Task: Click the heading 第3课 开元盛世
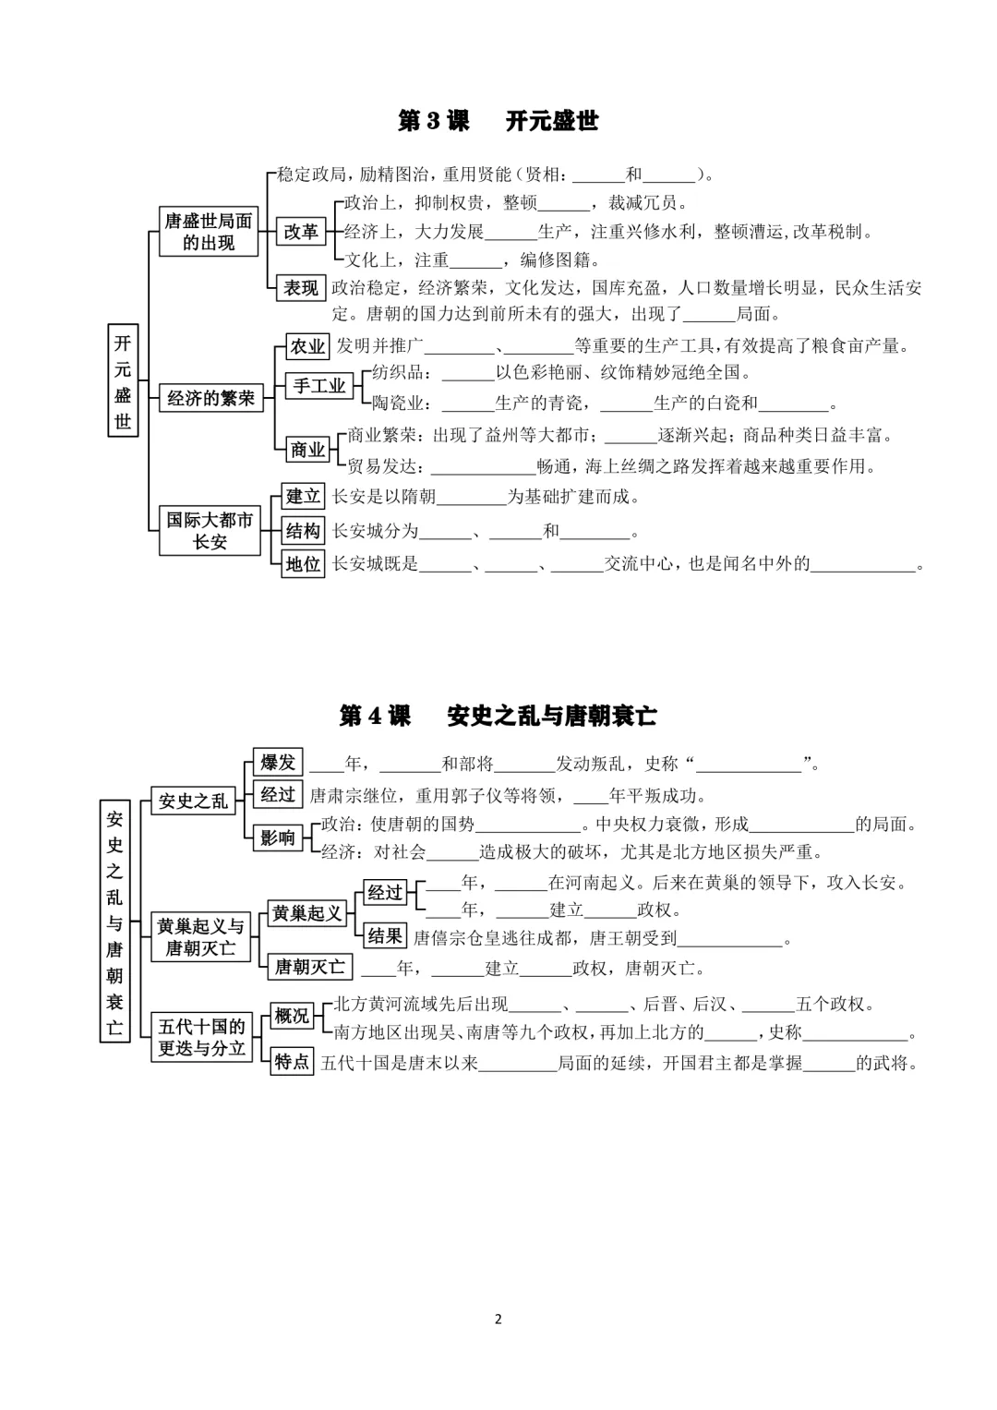(x=498, y=121)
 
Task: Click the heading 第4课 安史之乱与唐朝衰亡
(x=498, y=716)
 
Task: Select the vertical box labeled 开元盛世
(x=123, y=380)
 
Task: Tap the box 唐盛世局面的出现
(x=208, y=231)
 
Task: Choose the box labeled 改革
(x=301, y=232)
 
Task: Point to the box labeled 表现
(x=301, y=288)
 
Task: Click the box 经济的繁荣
(x=210, y=398)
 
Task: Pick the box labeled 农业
(x=307, y=346)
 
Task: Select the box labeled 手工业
(x=319, y=386)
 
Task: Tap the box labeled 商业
(x=307, y=450)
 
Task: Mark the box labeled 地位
(x=303, y=563)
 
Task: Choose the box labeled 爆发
(x=277, y=763)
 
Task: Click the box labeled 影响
(x=277, y=838)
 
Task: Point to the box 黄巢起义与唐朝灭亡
(x=200, y=936)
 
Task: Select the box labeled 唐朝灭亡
(x=309, y=967)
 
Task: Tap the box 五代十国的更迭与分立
(x=201, y=1037)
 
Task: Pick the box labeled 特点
(x=292, y=1062)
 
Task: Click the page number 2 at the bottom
(x=498, y=1319)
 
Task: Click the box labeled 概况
(x=292, y=1016)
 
